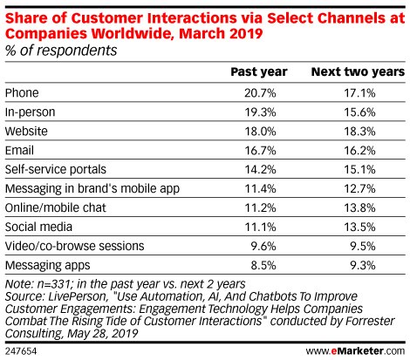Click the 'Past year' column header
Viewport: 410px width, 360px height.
pos(259,71)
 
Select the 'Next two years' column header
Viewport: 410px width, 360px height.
pos(358,71)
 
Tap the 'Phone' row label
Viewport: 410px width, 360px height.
pos(22,93)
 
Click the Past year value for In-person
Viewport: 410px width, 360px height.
pos(260,112)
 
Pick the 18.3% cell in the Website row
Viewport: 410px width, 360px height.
pos(360,132)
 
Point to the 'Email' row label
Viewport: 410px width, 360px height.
pos(19,151)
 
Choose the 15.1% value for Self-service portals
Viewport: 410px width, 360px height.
pos(360,169)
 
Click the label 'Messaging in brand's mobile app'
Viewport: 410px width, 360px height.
pos(92,189)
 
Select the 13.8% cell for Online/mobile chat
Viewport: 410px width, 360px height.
pos(360,207)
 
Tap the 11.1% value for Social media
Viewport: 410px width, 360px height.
pos(260,227)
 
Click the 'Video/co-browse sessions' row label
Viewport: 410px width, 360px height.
pos(75,246)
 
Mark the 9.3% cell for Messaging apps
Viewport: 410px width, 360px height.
pos(363,265)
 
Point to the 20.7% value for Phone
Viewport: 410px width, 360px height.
pos(260,93)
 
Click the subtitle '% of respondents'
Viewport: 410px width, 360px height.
pos(61,51)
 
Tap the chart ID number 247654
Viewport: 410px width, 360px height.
pos(21,351)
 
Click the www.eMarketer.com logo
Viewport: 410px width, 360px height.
pos(355,351)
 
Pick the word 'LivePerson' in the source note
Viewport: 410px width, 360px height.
pos(78,296)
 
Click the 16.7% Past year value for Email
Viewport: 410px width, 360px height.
pos(260,151)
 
